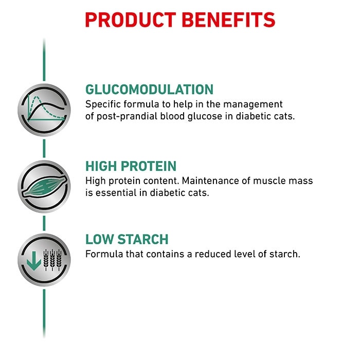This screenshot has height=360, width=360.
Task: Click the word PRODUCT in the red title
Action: pyautogui.click(x=131, y=20)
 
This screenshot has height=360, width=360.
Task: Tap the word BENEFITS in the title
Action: pyautogui.click(x=229, y=20)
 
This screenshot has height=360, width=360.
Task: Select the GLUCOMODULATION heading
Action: pyautogui.click(x=150, y=89)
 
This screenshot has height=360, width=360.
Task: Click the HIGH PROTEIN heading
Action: pyautogui.click(x=131, y=166)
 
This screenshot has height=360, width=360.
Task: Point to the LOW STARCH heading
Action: pyautogui.click(x=127, y=239)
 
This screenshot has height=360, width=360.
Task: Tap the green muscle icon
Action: pyautogui.click(x=45, y=186)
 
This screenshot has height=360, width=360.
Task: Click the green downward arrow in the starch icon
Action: pyautogui.click(x=34, y=261)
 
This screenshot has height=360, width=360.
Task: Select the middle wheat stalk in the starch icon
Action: pyautogui.click(x=52, y=260)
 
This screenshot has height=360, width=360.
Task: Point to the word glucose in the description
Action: pyautogui.click(x=205, y=116)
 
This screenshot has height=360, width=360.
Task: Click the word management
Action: pyautogui.click(x=253, y=105)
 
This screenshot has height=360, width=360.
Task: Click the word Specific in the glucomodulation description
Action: pyautogui.click(x=103, y=105)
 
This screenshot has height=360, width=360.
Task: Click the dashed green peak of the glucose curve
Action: pyautogui.click(x=36, y=97)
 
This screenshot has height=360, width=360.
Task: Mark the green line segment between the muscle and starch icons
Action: pyautogui.click(x=44, y=223)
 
